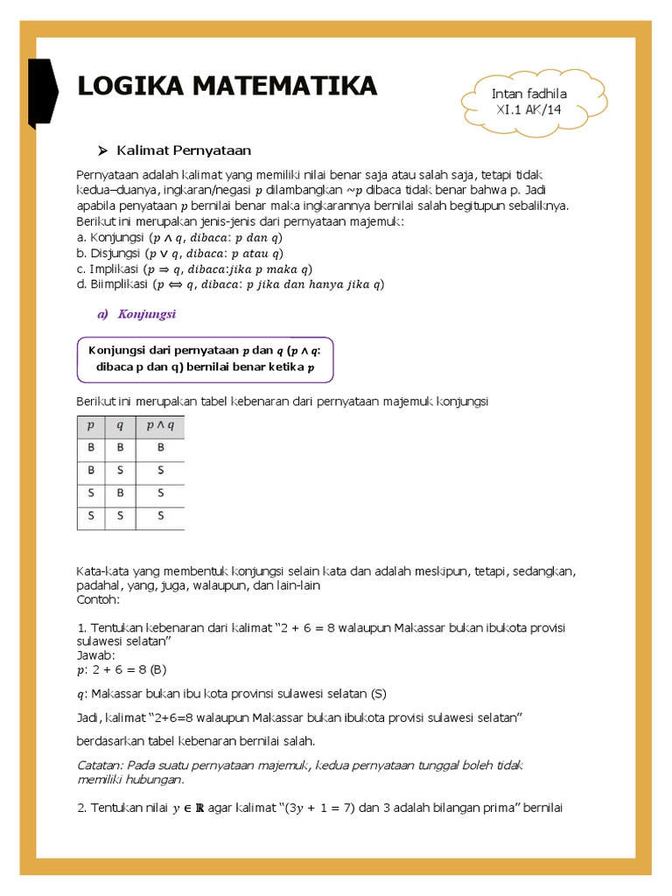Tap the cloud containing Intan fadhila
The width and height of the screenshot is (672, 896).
pyautogui.click(x=525, y=102)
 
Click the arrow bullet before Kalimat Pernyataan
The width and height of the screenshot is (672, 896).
pyautogui.click(x=102, y=150)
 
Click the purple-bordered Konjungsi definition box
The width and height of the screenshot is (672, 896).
pyautogui.click(x=205, y=360)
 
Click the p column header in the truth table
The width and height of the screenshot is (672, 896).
pyautogui.click(x=91, y=426)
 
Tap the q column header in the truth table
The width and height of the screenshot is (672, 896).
pyautogui.click(x=121, y=426)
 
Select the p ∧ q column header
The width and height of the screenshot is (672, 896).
pyautogui.click(x=160, y=426)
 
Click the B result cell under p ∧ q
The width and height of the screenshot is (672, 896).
pyautogui.click(x=160, y=448)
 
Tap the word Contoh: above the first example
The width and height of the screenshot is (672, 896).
pyautogui.click(x=97, y=600)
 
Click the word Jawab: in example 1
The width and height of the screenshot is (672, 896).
pyautogui.click(x=95, y=655)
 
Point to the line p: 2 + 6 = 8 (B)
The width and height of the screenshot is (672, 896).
pyautogui.click(x=122, y=670)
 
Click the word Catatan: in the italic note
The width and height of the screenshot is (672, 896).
pyautogui.click(x=101, y=765)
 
